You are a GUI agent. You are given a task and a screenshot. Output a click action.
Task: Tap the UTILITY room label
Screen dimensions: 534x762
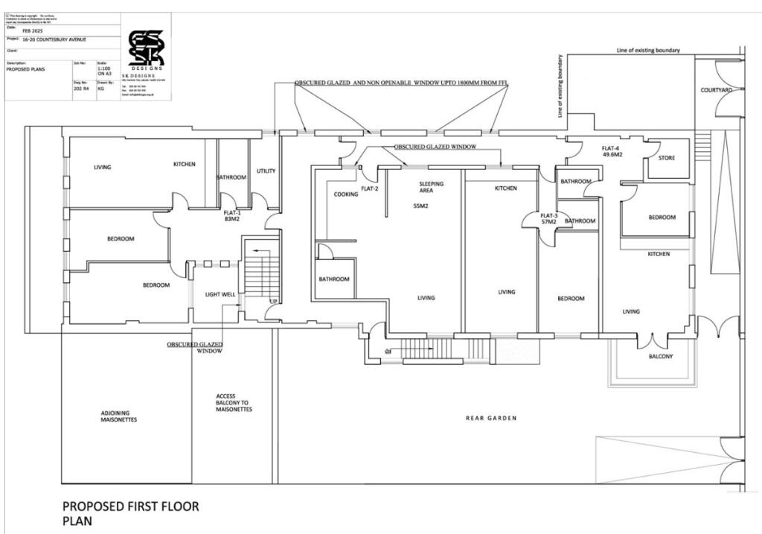click(x=266, y=171)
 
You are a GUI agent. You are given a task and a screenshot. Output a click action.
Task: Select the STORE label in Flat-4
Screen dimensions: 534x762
click(x=667, y=158)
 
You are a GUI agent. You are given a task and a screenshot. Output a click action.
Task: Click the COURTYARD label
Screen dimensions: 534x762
click(x=717, y=90)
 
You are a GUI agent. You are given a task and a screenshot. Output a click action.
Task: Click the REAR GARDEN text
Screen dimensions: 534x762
click(x=491, y=419)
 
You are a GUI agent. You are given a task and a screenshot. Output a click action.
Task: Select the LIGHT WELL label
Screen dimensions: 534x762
click(x=220, y=294)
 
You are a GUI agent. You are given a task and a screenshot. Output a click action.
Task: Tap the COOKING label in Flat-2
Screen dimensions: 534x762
click(x=345, y=194)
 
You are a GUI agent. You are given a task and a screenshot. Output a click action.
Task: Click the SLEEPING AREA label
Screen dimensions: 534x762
click(x=432, y=187)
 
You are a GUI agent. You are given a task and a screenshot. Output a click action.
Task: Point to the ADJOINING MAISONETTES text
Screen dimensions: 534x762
click(x=119, y=416)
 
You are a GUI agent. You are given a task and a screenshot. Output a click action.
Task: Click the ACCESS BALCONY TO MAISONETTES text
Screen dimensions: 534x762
click(x=234, y=403)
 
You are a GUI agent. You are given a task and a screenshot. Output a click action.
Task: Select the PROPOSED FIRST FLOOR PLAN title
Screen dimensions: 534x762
click(x=130, y=513)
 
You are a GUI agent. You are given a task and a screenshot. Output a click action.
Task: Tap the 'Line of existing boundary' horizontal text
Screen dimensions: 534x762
click(x=648, y=51)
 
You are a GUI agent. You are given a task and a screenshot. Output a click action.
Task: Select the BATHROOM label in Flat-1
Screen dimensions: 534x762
click(x=231, y=177)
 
